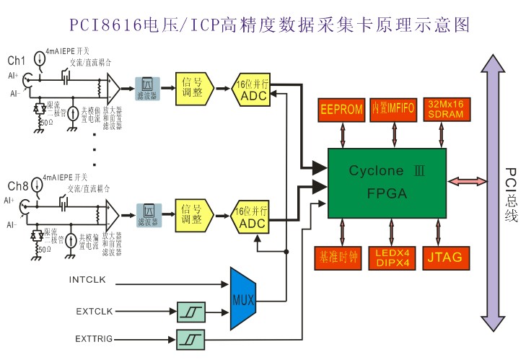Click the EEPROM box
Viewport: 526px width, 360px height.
[x=341, y=110]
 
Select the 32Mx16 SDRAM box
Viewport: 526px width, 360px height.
[x=445, y=109]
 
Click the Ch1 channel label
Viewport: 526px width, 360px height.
[x=15, y=58]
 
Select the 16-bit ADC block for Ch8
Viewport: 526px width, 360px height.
[x=252, y=217]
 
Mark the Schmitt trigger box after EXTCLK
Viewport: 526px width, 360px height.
[x=190, y=312]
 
